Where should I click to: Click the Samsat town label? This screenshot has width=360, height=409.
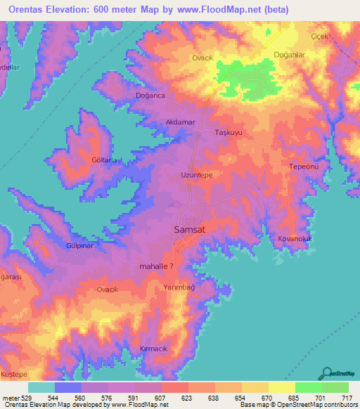(x=190, y=229)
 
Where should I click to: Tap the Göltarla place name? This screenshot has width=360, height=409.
(x=97, y=160)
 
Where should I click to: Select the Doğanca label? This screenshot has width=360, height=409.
(x=150, y=96)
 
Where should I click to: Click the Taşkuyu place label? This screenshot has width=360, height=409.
(x=228, y=132)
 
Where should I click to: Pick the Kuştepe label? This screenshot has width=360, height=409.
(x=15, y=375)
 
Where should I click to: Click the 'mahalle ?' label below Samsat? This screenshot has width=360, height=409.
(x=162, y=267)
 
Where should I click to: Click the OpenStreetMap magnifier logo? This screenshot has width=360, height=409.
(x=326, y=372)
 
